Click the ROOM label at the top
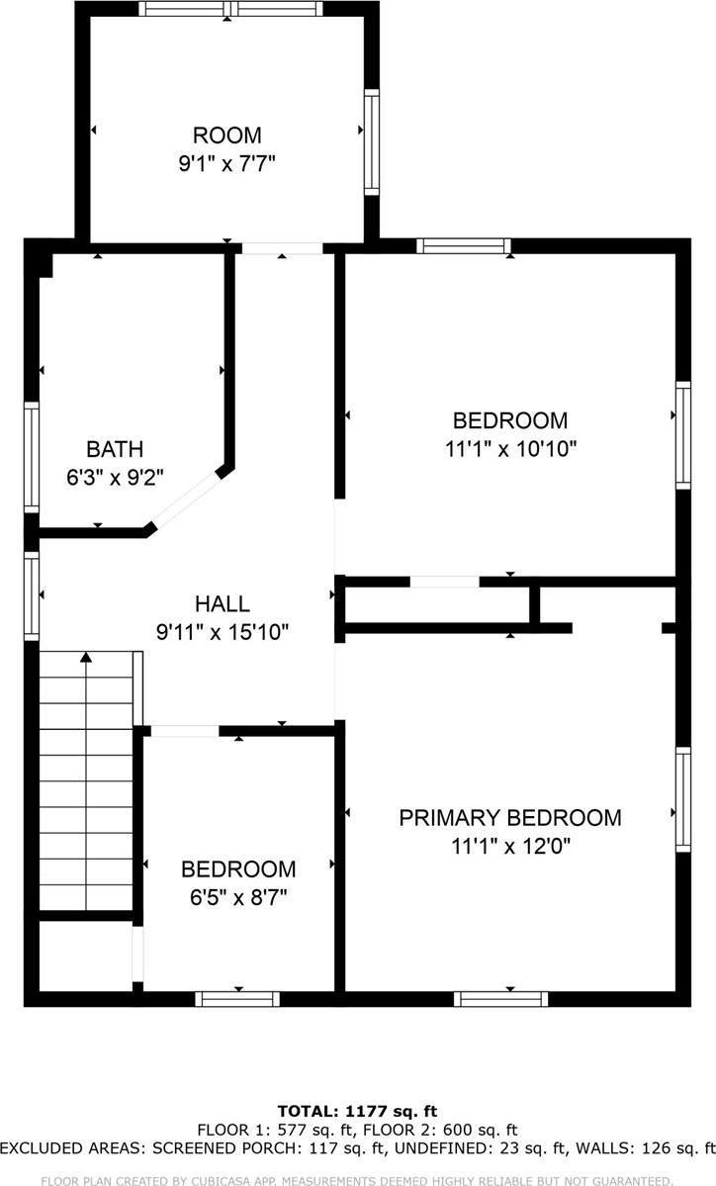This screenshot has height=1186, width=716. click(x=226, y=136)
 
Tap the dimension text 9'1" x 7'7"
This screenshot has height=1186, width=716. click(x=226, y=163)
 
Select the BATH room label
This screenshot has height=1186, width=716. click(x=115, y=448)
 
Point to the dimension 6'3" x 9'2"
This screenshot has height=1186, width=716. click(x=115, y=476)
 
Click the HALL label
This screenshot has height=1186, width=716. click(x=223, y=603)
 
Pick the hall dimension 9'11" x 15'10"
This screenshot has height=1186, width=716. click(x=223, y=631)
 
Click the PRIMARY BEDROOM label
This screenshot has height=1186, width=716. click(x=509, y=818)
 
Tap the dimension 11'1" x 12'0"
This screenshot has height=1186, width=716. click(x=509, y=846)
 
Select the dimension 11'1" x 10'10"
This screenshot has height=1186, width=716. click(x=510, y=448)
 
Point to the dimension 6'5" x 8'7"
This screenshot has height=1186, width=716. click(x=238, y=897)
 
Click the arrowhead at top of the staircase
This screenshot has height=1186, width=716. click(x=87, y=656)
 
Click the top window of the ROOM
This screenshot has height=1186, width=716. click(x=229, y=9)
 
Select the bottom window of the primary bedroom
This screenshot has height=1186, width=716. click(x=500, y=998)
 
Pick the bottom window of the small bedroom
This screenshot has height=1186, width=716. click(x=237, y=998)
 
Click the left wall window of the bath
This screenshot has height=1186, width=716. click(x=32, y=457)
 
